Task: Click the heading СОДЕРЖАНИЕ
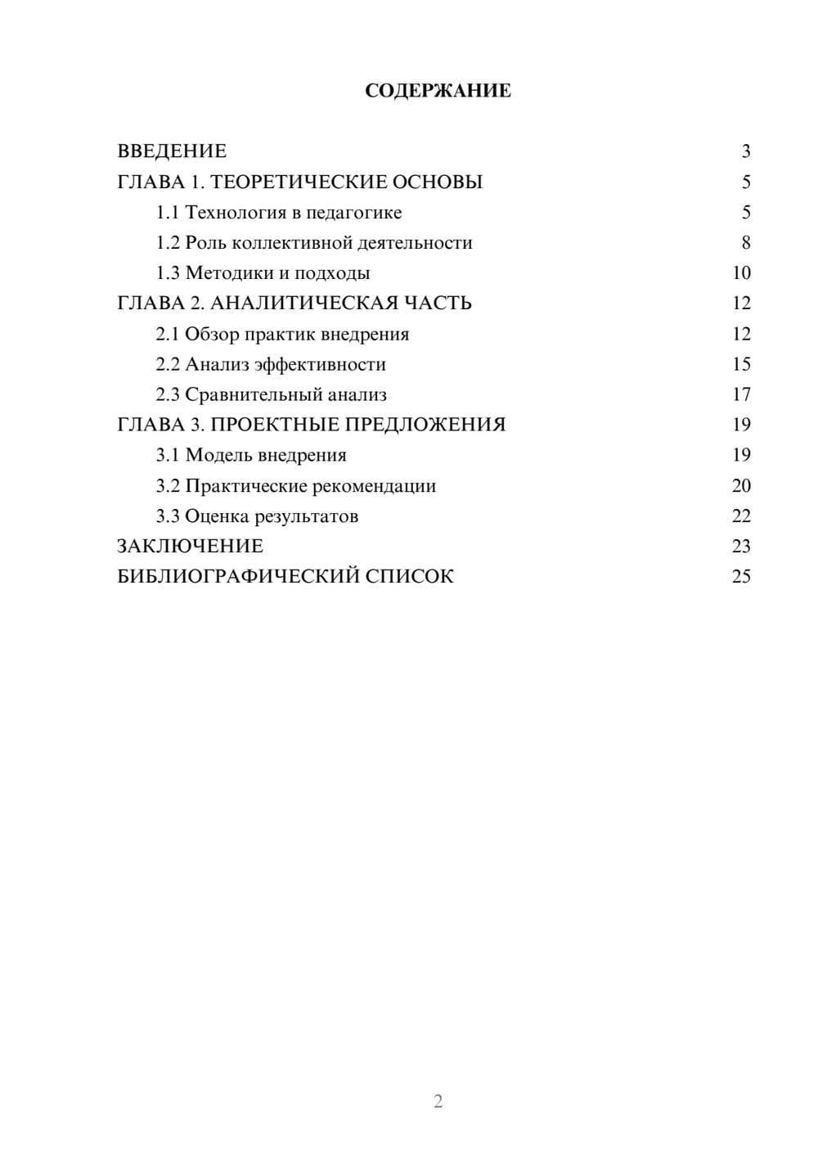[438, 91]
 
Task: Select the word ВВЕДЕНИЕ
[172, 151]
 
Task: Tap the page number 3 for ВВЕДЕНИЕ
[745, 151]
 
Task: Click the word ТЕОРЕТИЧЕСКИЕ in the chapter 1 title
[290, 182]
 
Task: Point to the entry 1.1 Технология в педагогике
[279, 213]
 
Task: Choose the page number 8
[745, 243]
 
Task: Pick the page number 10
[741, 273]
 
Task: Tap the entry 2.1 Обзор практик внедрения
[282, 334]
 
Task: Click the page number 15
[741, 364]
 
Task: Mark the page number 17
[741, 394]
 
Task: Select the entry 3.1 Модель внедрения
[251, 455]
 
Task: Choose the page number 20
[741, 486]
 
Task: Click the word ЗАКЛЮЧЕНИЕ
[190, 547]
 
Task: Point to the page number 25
[741, 577]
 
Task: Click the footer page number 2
[438, 1101]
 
